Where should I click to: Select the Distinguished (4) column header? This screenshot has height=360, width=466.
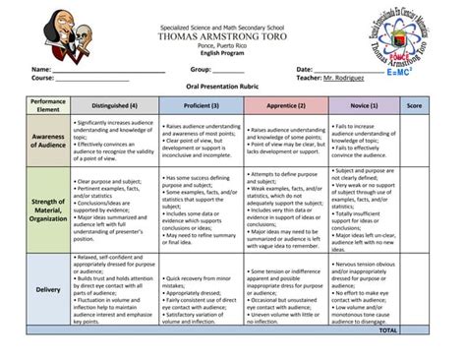[114, 104]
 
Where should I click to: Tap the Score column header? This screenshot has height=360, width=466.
[414, 104]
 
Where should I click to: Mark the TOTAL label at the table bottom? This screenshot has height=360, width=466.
[387, 330]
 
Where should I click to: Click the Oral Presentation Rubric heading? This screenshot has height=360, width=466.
[225, 87]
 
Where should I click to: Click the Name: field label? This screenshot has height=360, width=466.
[40, 69]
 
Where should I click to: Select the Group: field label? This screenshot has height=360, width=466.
[201, 69]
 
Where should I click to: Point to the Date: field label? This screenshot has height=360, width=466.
[306, 69]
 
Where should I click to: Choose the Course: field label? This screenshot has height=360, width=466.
[43, 77]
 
